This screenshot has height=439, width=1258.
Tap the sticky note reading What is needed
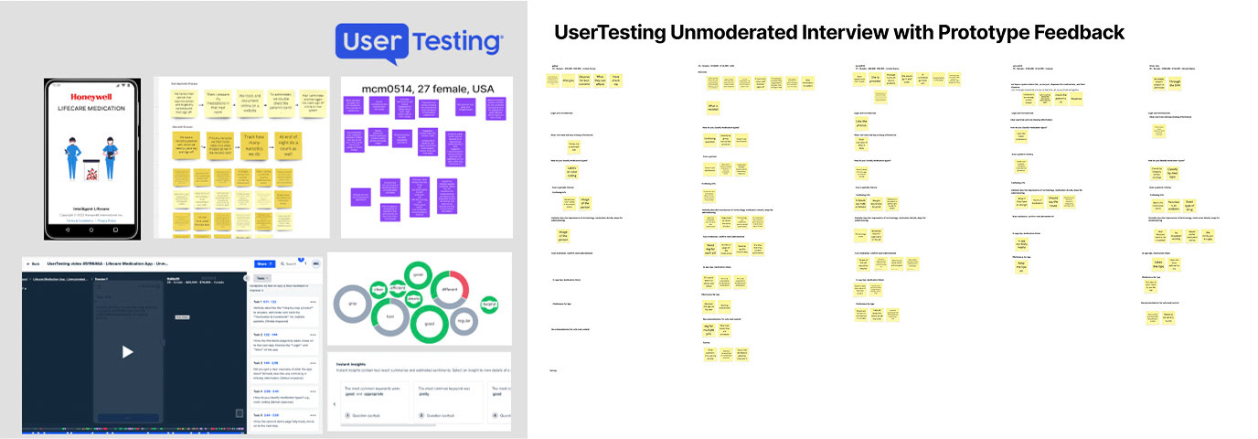click(713, 108)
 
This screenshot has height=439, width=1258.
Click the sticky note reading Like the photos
click(861, 122)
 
